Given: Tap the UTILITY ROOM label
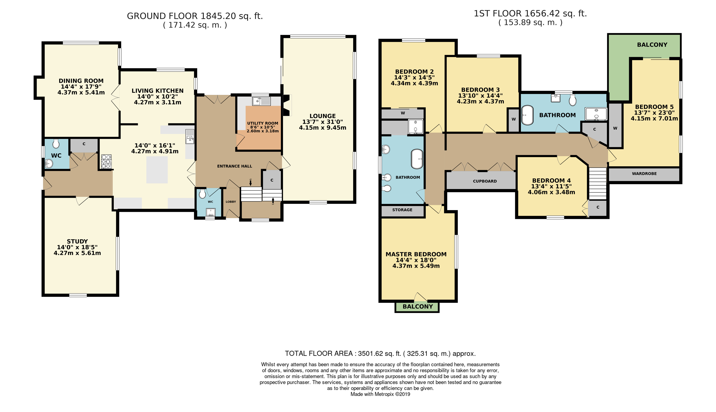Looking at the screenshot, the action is [x=263, y=123].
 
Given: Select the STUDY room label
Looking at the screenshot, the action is [x=77, y=241].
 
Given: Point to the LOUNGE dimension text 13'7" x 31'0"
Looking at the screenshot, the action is [x=323, y=122].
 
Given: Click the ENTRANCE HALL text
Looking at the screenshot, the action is [x=235, y=166].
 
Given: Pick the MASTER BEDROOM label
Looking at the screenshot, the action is [x=416, y=254].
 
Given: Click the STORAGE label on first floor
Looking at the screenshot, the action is [x=402, y=210].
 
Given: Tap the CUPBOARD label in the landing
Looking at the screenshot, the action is [x=485, y=181].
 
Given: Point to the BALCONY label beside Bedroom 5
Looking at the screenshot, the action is [x=652, y=45].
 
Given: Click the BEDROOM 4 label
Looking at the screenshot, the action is [x=551, y=181].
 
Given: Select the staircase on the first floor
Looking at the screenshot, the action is [x=597, y=183].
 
